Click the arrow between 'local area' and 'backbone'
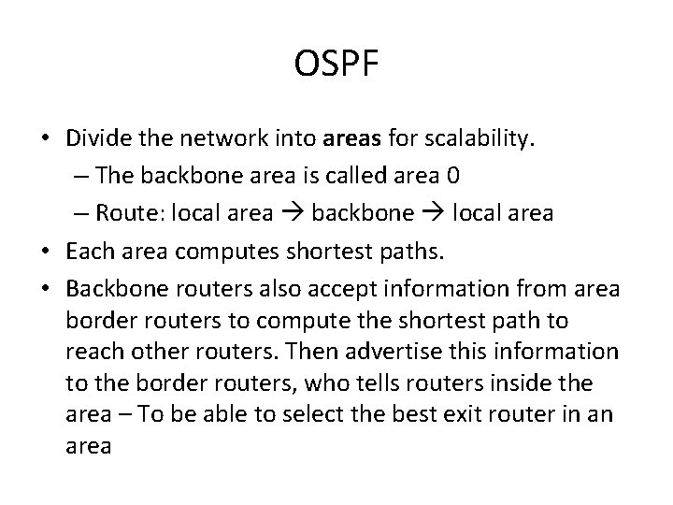(291, 212)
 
